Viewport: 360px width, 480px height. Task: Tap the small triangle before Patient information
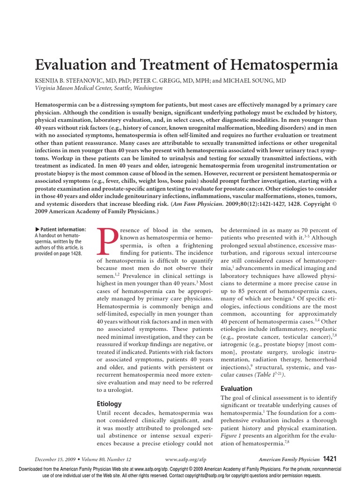[37, 229]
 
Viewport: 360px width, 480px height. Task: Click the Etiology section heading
[109, 404]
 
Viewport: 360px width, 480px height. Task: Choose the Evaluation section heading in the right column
[236, 389]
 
